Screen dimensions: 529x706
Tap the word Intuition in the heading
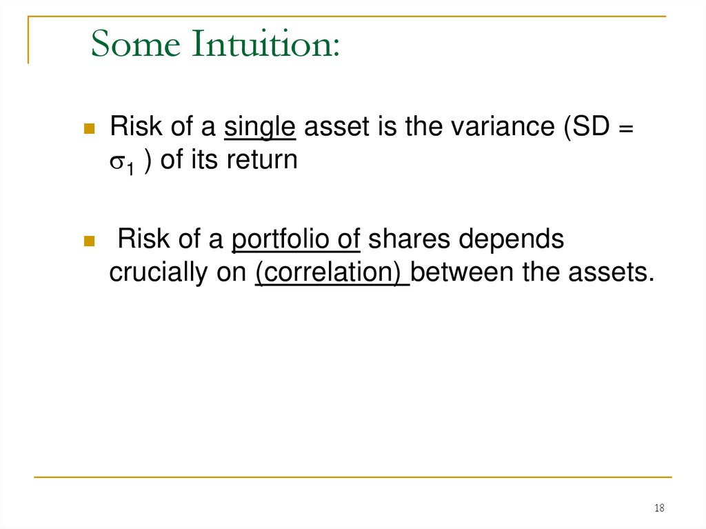[x=265, y=44]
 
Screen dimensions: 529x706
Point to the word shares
[x=409, y=240]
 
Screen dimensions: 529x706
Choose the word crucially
[x=159, y=273]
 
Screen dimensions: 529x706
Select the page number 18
[x=659, y=508]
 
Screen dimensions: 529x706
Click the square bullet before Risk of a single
[x=89, y=128]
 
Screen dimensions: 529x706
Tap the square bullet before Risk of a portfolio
[x=89, y=241]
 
